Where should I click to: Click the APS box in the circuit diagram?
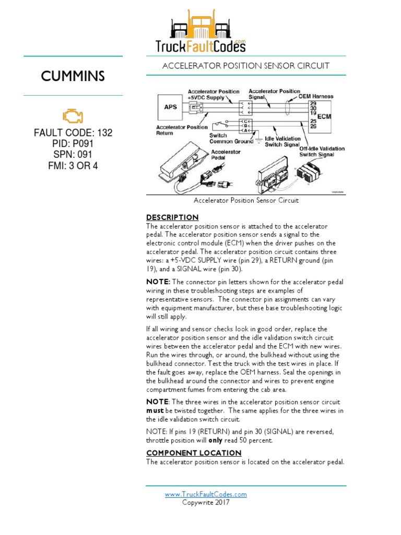point(170,107)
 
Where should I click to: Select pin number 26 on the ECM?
point(313,126)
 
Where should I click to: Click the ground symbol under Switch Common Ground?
point(257,139)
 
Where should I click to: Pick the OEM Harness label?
point(315,97)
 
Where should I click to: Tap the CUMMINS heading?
point(73,77)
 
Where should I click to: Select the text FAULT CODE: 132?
point(73,133)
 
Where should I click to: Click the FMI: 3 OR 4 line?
point(73,166)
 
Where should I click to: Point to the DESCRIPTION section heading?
point(172,217)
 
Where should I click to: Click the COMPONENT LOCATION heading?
point(194,453)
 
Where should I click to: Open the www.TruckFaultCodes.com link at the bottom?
point(206,494)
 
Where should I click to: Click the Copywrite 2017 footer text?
point(206,503)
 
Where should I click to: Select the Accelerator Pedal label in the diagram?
point(226,155)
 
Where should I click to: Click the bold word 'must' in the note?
point(156,411)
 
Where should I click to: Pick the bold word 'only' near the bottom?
point(219,440)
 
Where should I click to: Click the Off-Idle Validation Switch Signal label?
point(322,152)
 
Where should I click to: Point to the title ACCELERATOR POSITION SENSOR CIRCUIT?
point(246,66)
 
